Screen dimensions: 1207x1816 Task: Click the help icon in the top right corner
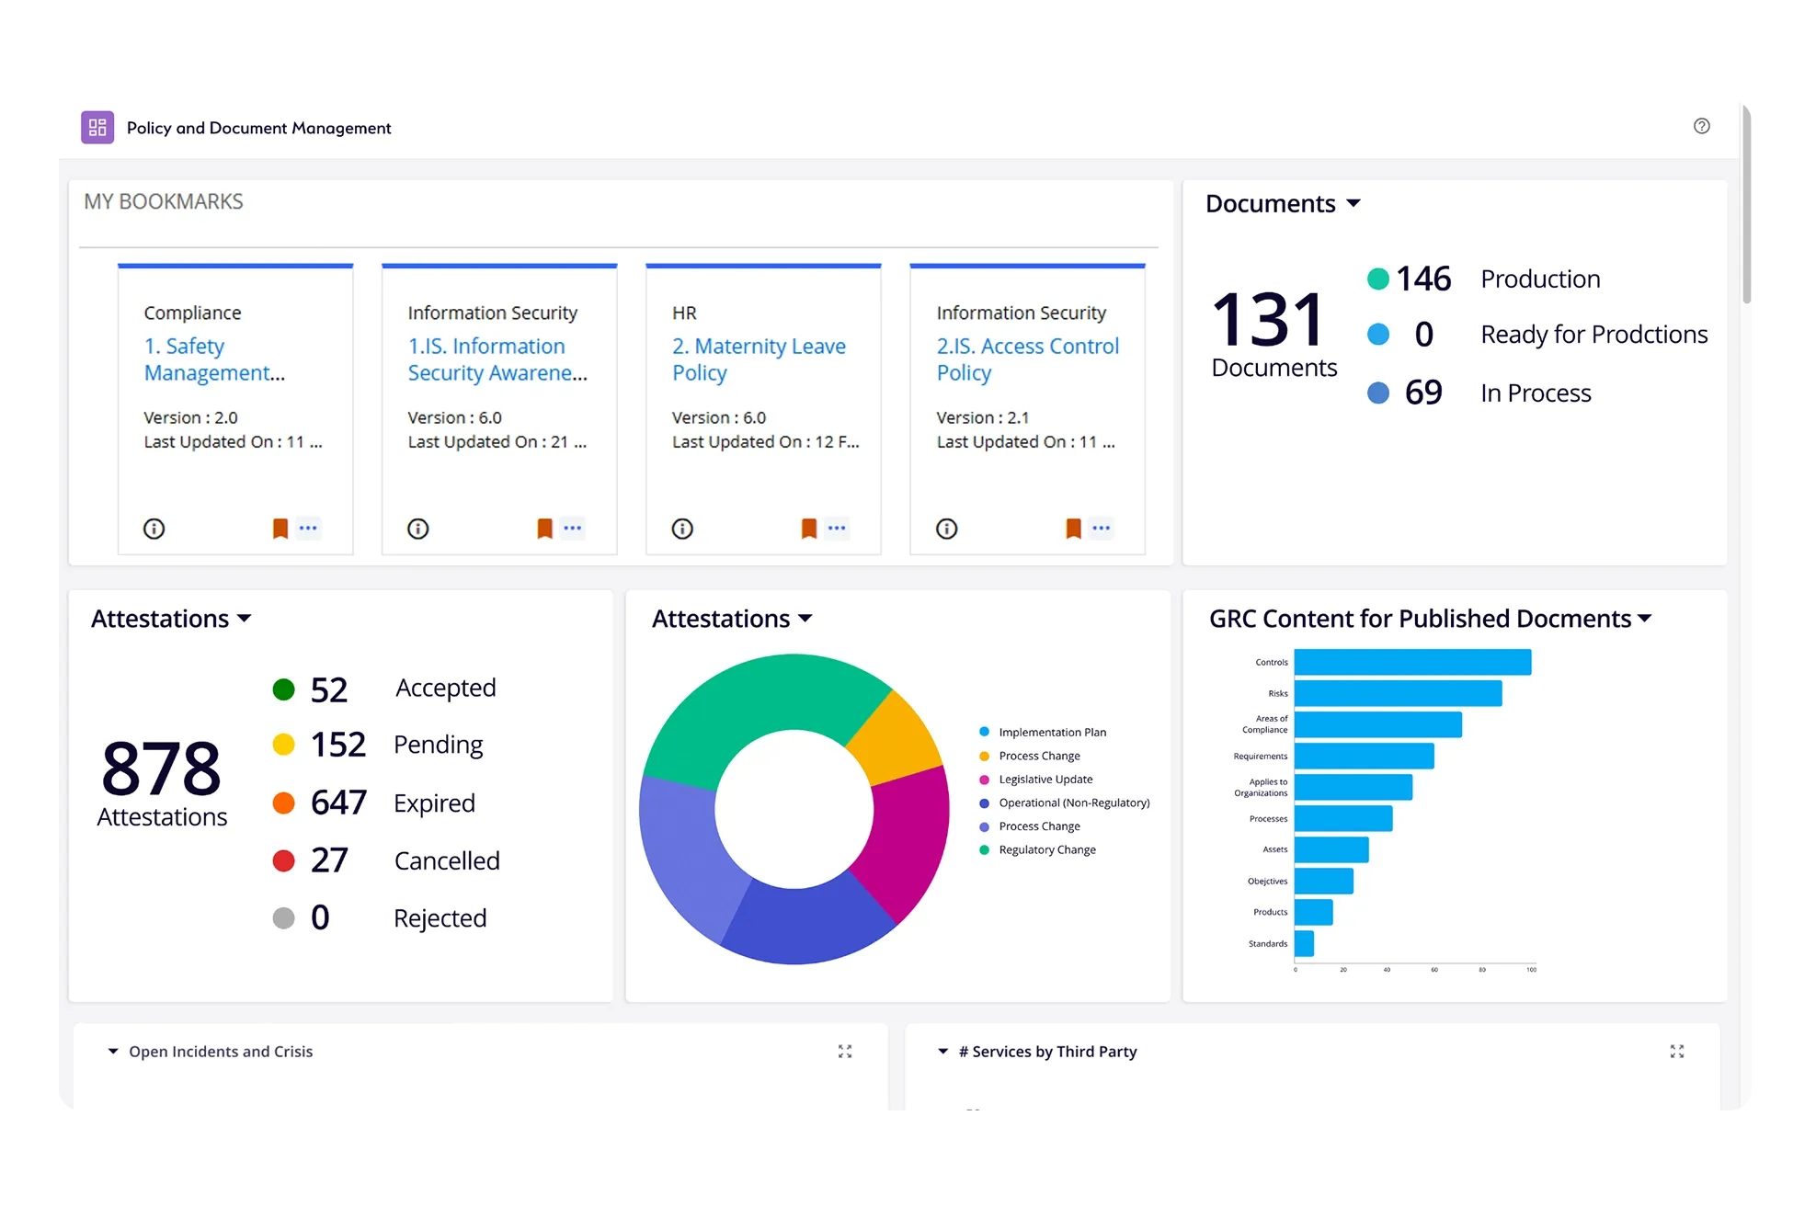tap(1701, 126)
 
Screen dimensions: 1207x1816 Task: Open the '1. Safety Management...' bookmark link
tap(214, 359)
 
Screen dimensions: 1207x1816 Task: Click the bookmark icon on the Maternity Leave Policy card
tap(808, 529)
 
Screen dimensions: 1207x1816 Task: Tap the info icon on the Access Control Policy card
tap(946, 529)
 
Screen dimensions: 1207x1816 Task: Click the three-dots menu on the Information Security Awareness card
tap(572, 529)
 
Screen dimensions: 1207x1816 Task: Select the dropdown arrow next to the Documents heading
tap(1353, 203)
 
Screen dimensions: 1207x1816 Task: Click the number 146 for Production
tap(1422, 279)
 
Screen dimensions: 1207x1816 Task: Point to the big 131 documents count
tap(1269, 319)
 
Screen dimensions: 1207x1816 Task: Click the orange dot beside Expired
tap(283, 803)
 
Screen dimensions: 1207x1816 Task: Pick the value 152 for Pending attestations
tap(337, 745)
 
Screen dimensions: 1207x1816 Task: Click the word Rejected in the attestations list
tap(440, 917)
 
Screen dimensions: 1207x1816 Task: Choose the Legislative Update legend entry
tap(1045, 780)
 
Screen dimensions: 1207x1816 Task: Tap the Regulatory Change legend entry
tap(1047, 850)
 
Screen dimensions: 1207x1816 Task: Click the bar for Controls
tap(1411, 662)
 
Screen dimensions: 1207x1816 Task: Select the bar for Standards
tap(1304, 943)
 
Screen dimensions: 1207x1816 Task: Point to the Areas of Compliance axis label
tap(1265, 724)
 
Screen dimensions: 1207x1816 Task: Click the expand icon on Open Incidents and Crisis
tap(845, 1052)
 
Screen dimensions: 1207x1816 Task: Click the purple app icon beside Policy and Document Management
tap(97, 128)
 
